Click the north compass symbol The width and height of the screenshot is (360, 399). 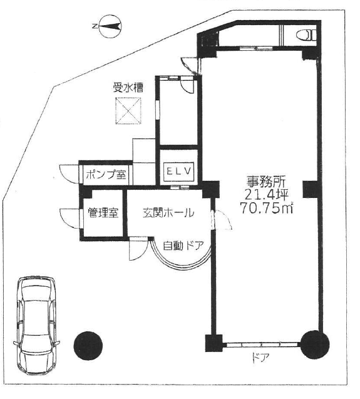click(110, 27)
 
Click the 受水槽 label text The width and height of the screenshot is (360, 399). click(128, 88)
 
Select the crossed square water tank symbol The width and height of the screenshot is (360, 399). click(128, 111)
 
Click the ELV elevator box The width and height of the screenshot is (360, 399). click(178, 172)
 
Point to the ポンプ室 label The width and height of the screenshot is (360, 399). click(106, 175)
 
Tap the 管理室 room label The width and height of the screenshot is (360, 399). click(103, 212)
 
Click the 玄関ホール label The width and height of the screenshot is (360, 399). click(168, 212)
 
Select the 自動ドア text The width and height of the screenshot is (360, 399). click(183, 246)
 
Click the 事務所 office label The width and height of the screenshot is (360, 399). click(266, 182)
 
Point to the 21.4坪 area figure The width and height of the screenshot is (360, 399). click(266, 195)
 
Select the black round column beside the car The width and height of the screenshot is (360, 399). click(88, 346)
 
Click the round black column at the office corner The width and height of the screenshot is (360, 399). click(315, 345)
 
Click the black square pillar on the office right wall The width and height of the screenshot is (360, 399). click(311, 189)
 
